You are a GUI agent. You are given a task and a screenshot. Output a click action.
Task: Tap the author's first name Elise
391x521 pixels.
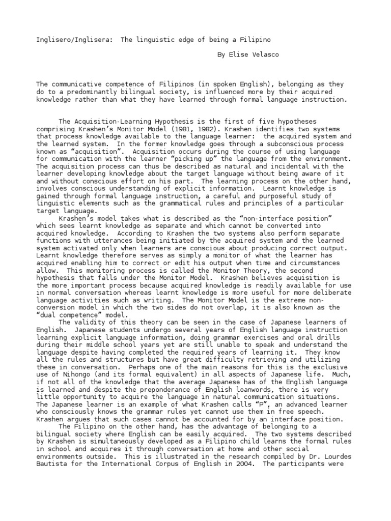point(238,54)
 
